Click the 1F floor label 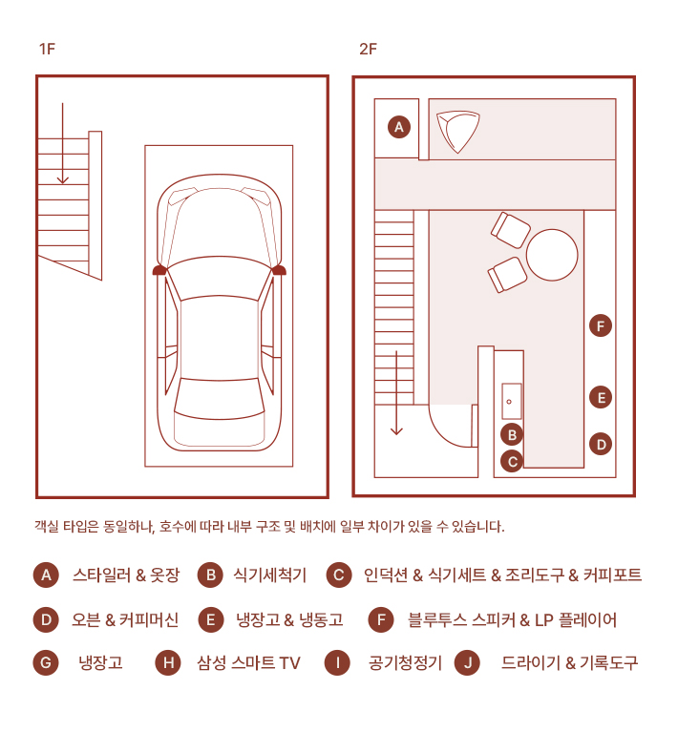pos(48,49)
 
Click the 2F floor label pos(368,49)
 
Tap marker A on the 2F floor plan pos(399,126)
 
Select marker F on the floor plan pos(601,326)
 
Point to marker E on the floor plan pos(601,397)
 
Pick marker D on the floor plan pos(601,444)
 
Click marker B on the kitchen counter pos(513,434)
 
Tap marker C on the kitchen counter pos(513,462)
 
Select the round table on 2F pos(552,255)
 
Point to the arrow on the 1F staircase pos(62,143)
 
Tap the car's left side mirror pos(160,271)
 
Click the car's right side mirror pos(279,271)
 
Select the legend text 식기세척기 pos(270,575)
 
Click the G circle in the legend pos(45,662)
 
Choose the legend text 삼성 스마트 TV pos(248,662)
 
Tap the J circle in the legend pos(466,662)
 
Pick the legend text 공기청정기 pos(405,662)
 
